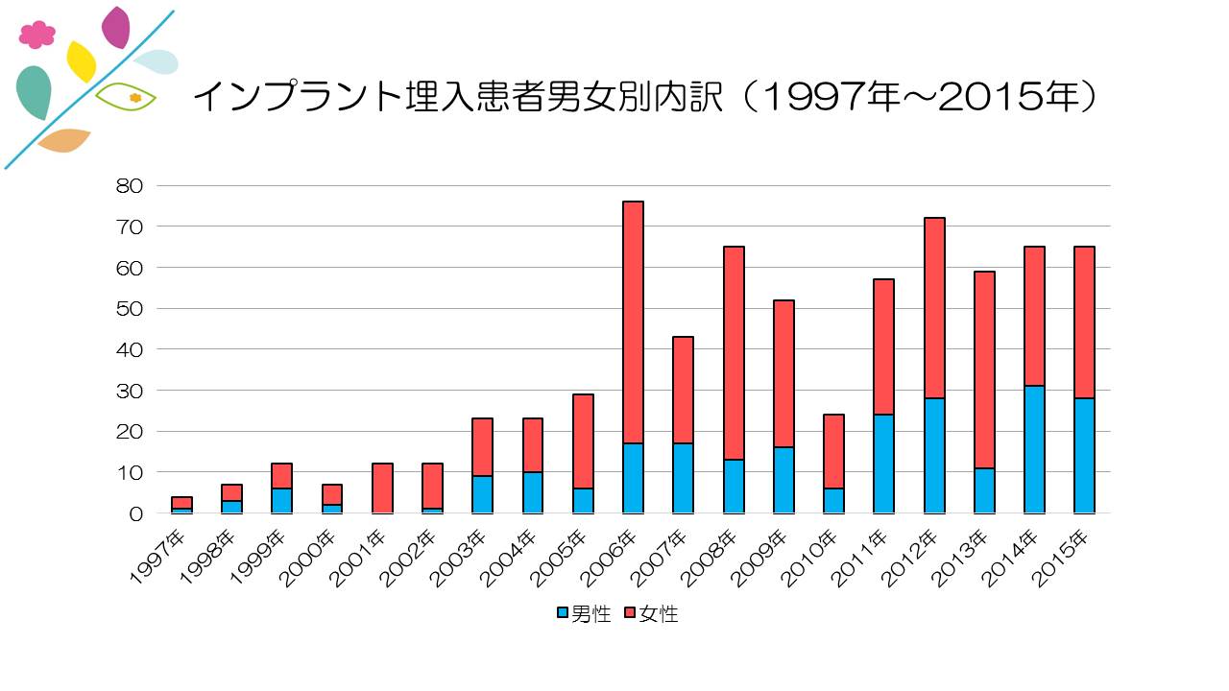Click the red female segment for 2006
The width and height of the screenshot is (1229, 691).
pyautogui.click(x=633, y=322)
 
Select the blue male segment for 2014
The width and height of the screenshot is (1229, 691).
pyautogui.click(x=1034, y=449)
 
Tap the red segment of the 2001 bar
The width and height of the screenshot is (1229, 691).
pyautogui.click(x=382, y=488)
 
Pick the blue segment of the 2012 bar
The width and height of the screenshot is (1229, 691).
pyautogui.click(x=933, y=455)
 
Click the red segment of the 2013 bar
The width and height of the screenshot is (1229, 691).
pyautogui.click(x=984, y=369)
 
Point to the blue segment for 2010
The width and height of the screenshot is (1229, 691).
pyautogui.click(x=833, y=500)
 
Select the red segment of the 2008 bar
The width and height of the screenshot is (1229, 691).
pyautogui.click(x=734, y=353)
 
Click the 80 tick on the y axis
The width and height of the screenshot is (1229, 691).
pyautogui.click(x=129, y=185)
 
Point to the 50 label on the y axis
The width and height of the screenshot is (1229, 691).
pyautogui.click(x=129, y=308)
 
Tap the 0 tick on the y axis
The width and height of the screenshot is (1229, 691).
pyautogui.click(x=134, y=513)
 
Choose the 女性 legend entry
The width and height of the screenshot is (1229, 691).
pyautogui.click(x=651, y=614)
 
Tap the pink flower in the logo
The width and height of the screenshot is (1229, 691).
pyautogui.click(x=37, y=36)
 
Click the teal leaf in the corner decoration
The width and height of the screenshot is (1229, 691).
pyautogui.click(x=35, y=91)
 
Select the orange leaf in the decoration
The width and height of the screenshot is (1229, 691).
pyautogui.click(x=64, y=140)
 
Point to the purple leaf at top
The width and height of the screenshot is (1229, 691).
pyautogui.click(x=116, y=27)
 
